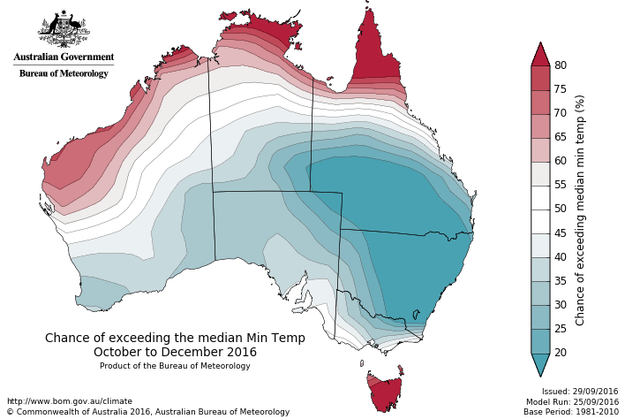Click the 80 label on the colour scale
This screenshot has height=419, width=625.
coord(560,65)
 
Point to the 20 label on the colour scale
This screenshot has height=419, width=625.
coord(560,353)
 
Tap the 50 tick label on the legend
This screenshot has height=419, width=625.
coord(560,209)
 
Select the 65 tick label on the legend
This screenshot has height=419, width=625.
coord(560,137)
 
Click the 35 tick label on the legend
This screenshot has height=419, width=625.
coord(560,281)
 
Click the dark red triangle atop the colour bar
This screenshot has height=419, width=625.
coord(540,55)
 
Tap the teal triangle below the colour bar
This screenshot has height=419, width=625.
coord(540,363)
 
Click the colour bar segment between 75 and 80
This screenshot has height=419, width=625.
coord(540,78)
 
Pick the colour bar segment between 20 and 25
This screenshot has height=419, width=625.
coord(540,340)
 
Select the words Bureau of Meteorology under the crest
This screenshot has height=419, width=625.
coord(64,73)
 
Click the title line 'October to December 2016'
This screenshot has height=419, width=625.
coord(175,352)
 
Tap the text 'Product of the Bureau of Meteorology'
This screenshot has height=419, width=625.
coord(175,366)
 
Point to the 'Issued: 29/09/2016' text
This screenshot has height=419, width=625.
coord(580,391)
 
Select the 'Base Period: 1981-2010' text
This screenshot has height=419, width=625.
coord(571,412)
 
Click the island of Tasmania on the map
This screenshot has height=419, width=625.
coord(385,392)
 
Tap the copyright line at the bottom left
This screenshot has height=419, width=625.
coord(147,412)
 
